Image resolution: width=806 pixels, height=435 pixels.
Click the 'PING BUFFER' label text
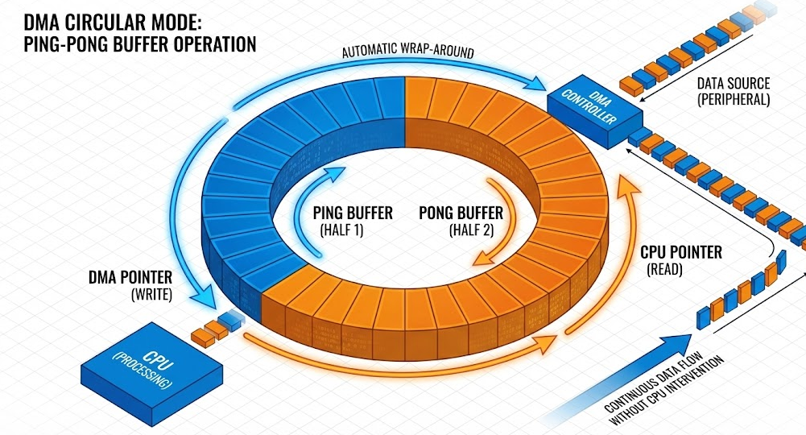[x=353, y=213]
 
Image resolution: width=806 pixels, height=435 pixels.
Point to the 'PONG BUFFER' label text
[x=461, y=213]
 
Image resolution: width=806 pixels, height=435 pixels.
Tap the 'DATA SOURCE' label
[x=733, y=83]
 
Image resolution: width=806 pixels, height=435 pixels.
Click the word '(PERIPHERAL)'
[x=733, y=101]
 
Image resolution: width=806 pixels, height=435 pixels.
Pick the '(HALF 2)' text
[x=473, y=231]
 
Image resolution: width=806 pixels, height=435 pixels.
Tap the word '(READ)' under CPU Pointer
[x=665, y=271]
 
